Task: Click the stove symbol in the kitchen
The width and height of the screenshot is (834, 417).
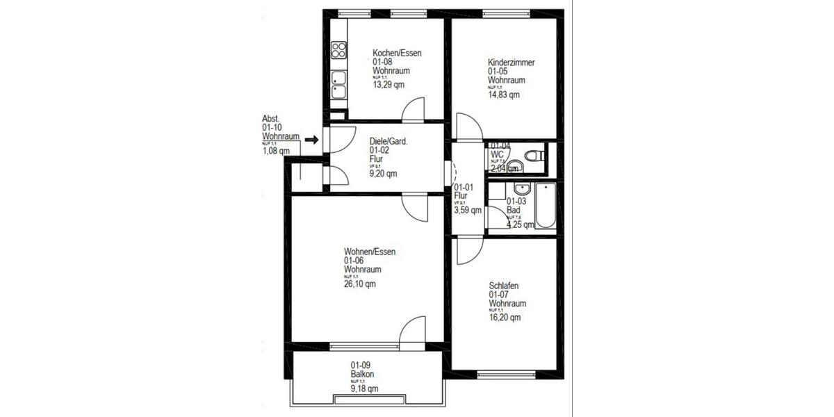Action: click(x=338, y=50)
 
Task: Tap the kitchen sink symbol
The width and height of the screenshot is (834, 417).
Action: click(x=338, y=84)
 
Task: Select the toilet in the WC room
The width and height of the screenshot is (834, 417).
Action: click(x=532, y=156)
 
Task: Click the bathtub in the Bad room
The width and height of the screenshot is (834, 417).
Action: click(x=546, y=206)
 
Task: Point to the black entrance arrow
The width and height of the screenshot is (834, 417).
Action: click(x=311, y=140)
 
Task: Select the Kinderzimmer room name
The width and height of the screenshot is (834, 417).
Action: click(x=511, y=63)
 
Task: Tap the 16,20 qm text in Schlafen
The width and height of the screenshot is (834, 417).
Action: click(x=505, y=318)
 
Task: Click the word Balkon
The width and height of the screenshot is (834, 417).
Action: click(x=362, y=375)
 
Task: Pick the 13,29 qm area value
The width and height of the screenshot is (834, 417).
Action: click(x=389, y=85)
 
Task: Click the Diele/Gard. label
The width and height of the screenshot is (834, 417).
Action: click(x=389, y=140)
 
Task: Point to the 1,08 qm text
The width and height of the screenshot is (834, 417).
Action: click(x=276, y=151)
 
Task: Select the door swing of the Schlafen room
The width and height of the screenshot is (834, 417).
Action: click(x=468, y=252)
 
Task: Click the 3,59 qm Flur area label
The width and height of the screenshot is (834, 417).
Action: click(x=467, y=210)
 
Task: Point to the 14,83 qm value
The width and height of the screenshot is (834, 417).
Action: click(x=504, y=95)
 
